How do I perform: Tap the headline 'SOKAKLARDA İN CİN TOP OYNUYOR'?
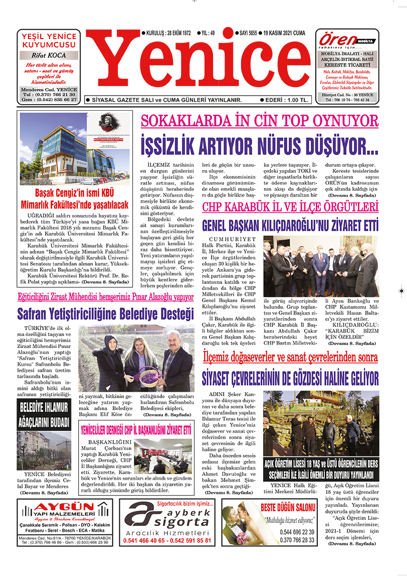[x=259, y=121]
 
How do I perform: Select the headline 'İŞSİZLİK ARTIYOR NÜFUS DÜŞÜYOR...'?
[x=259, y=145]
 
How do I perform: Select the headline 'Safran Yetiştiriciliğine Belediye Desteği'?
[x=105, y=315]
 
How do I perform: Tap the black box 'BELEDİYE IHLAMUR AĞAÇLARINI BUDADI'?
[x=44, y=414]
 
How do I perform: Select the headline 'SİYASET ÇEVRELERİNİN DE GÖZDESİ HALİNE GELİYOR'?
[x=290, y=378]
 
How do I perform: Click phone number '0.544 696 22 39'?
[x=297, y=532]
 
